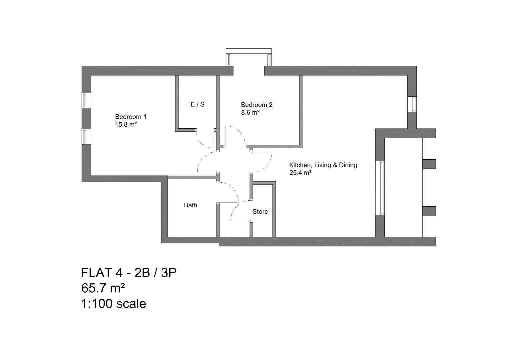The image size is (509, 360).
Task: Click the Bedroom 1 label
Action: click(131, 117)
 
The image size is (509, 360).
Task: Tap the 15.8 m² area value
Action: click(126, 125)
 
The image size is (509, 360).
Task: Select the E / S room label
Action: click(198, 104)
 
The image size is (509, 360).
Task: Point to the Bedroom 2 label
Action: click(256, 105)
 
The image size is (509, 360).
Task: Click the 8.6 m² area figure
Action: click(250, 113)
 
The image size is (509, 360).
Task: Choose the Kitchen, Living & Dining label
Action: click(323, 165)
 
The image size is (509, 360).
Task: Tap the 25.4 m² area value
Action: click(300, 173)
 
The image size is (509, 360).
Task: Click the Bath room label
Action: click(191, 205)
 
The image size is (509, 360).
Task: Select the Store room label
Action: click(260, 211)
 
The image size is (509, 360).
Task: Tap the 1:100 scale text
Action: click(114, 303)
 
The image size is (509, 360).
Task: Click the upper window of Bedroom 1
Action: click(86, 100)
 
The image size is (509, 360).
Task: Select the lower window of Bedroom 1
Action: click(86, 137)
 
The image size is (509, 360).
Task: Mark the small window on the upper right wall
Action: click(412, 104)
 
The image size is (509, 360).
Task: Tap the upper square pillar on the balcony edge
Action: click(429, 164)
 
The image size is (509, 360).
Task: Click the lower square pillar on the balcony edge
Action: click(429, 211)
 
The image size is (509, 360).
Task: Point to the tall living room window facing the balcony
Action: click(380, 188)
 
